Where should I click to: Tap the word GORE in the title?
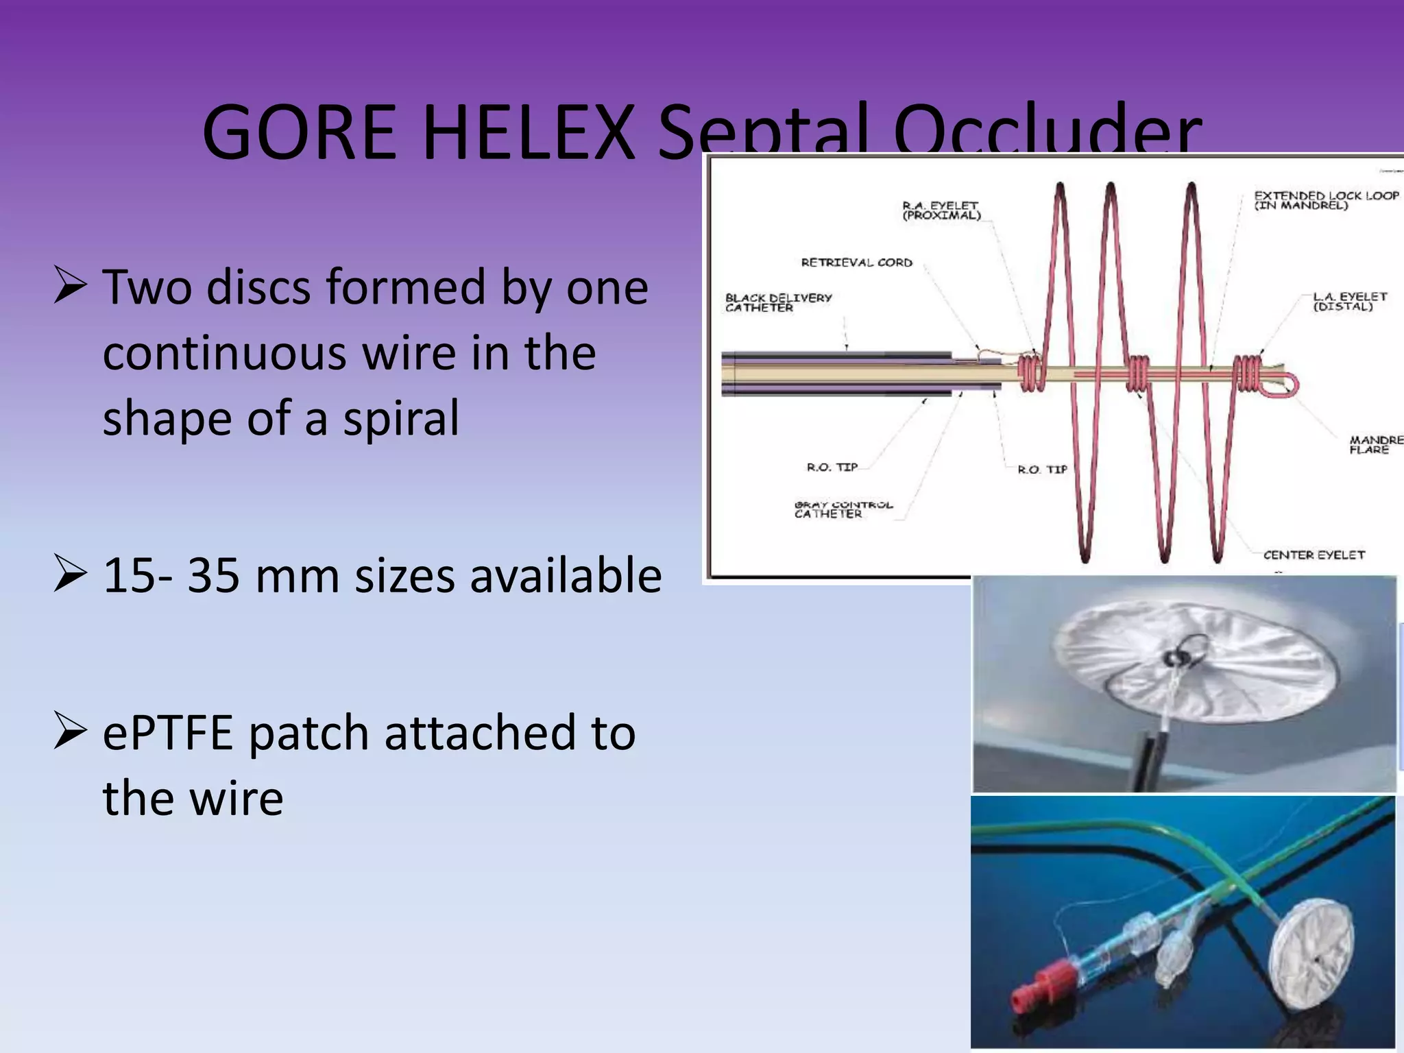pos(299,132)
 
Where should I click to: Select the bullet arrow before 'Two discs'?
pos(70,287)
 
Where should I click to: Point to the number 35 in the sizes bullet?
pos(213,576)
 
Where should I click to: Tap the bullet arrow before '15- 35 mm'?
pos(70,576)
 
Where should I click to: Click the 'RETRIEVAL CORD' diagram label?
pos(856,263)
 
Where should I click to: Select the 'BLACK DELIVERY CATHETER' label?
pos(778,302)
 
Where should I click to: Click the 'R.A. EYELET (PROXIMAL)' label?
pos(941,210)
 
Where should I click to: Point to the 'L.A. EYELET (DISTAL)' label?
pos(1349,301)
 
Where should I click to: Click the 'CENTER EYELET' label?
pos(1314,555)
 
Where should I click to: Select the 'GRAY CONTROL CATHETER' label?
pos(843,509)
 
